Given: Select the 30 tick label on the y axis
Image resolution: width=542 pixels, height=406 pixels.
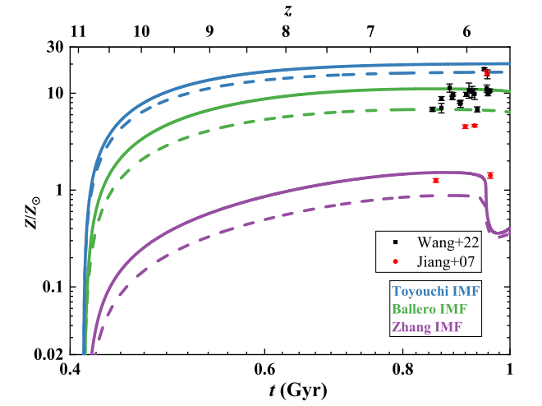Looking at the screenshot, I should pos(56,47).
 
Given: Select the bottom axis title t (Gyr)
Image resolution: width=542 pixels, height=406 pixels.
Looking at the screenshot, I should pos(291,390).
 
